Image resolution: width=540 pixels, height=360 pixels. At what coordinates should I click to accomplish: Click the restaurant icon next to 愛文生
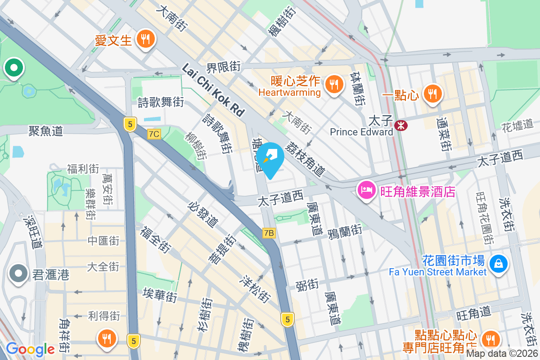[x=145, y=40]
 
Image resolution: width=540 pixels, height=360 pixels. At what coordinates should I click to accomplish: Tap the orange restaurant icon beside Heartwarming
[x=333, y=84]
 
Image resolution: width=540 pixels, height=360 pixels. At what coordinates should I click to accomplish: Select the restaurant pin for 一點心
[x=432, y=94]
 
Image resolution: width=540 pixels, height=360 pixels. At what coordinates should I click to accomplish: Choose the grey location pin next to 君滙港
[x=18, y=273]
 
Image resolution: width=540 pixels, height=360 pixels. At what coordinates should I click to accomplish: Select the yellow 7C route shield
[x=154, y=134]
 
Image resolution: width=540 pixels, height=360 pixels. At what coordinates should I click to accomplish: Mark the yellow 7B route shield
[x=269, y=233]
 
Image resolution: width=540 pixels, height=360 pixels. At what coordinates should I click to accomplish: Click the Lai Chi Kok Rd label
[x=212, y=89]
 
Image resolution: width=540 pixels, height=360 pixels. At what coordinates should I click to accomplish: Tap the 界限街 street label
[x=223, y=67]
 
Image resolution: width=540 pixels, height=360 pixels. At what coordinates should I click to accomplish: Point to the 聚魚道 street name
[x=45, y=131]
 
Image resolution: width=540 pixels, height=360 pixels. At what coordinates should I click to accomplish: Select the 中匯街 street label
[x=103, y=241]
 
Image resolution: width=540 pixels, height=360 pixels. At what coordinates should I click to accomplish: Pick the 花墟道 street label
[x=517, y=124]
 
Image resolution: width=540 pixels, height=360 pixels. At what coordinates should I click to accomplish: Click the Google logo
[x=30, y=349]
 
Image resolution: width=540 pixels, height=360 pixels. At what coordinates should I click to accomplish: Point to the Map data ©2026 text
[x=502, y=353]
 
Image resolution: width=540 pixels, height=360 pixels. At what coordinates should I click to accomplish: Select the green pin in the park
[x=13, y=68]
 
